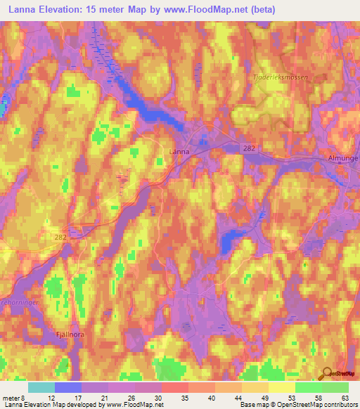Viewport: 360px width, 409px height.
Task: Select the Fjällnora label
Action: [69, 335]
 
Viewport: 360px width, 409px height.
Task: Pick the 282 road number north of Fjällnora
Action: [60, 240]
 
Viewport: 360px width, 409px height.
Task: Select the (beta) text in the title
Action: [260, 10]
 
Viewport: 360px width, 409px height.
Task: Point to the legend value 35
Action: [185, 397]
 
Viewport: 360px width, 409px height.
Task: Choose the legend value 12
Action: [52, 397]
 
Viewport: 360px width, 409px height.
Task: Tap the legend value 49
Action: [264, 397]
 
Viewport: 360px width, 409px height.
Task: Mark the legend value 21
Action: [105, 397]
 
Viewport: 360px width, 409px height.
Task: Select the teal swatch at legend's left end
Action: [41, 387]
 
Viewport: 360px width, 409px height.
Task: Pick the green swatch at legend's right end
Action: [335, 387]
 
